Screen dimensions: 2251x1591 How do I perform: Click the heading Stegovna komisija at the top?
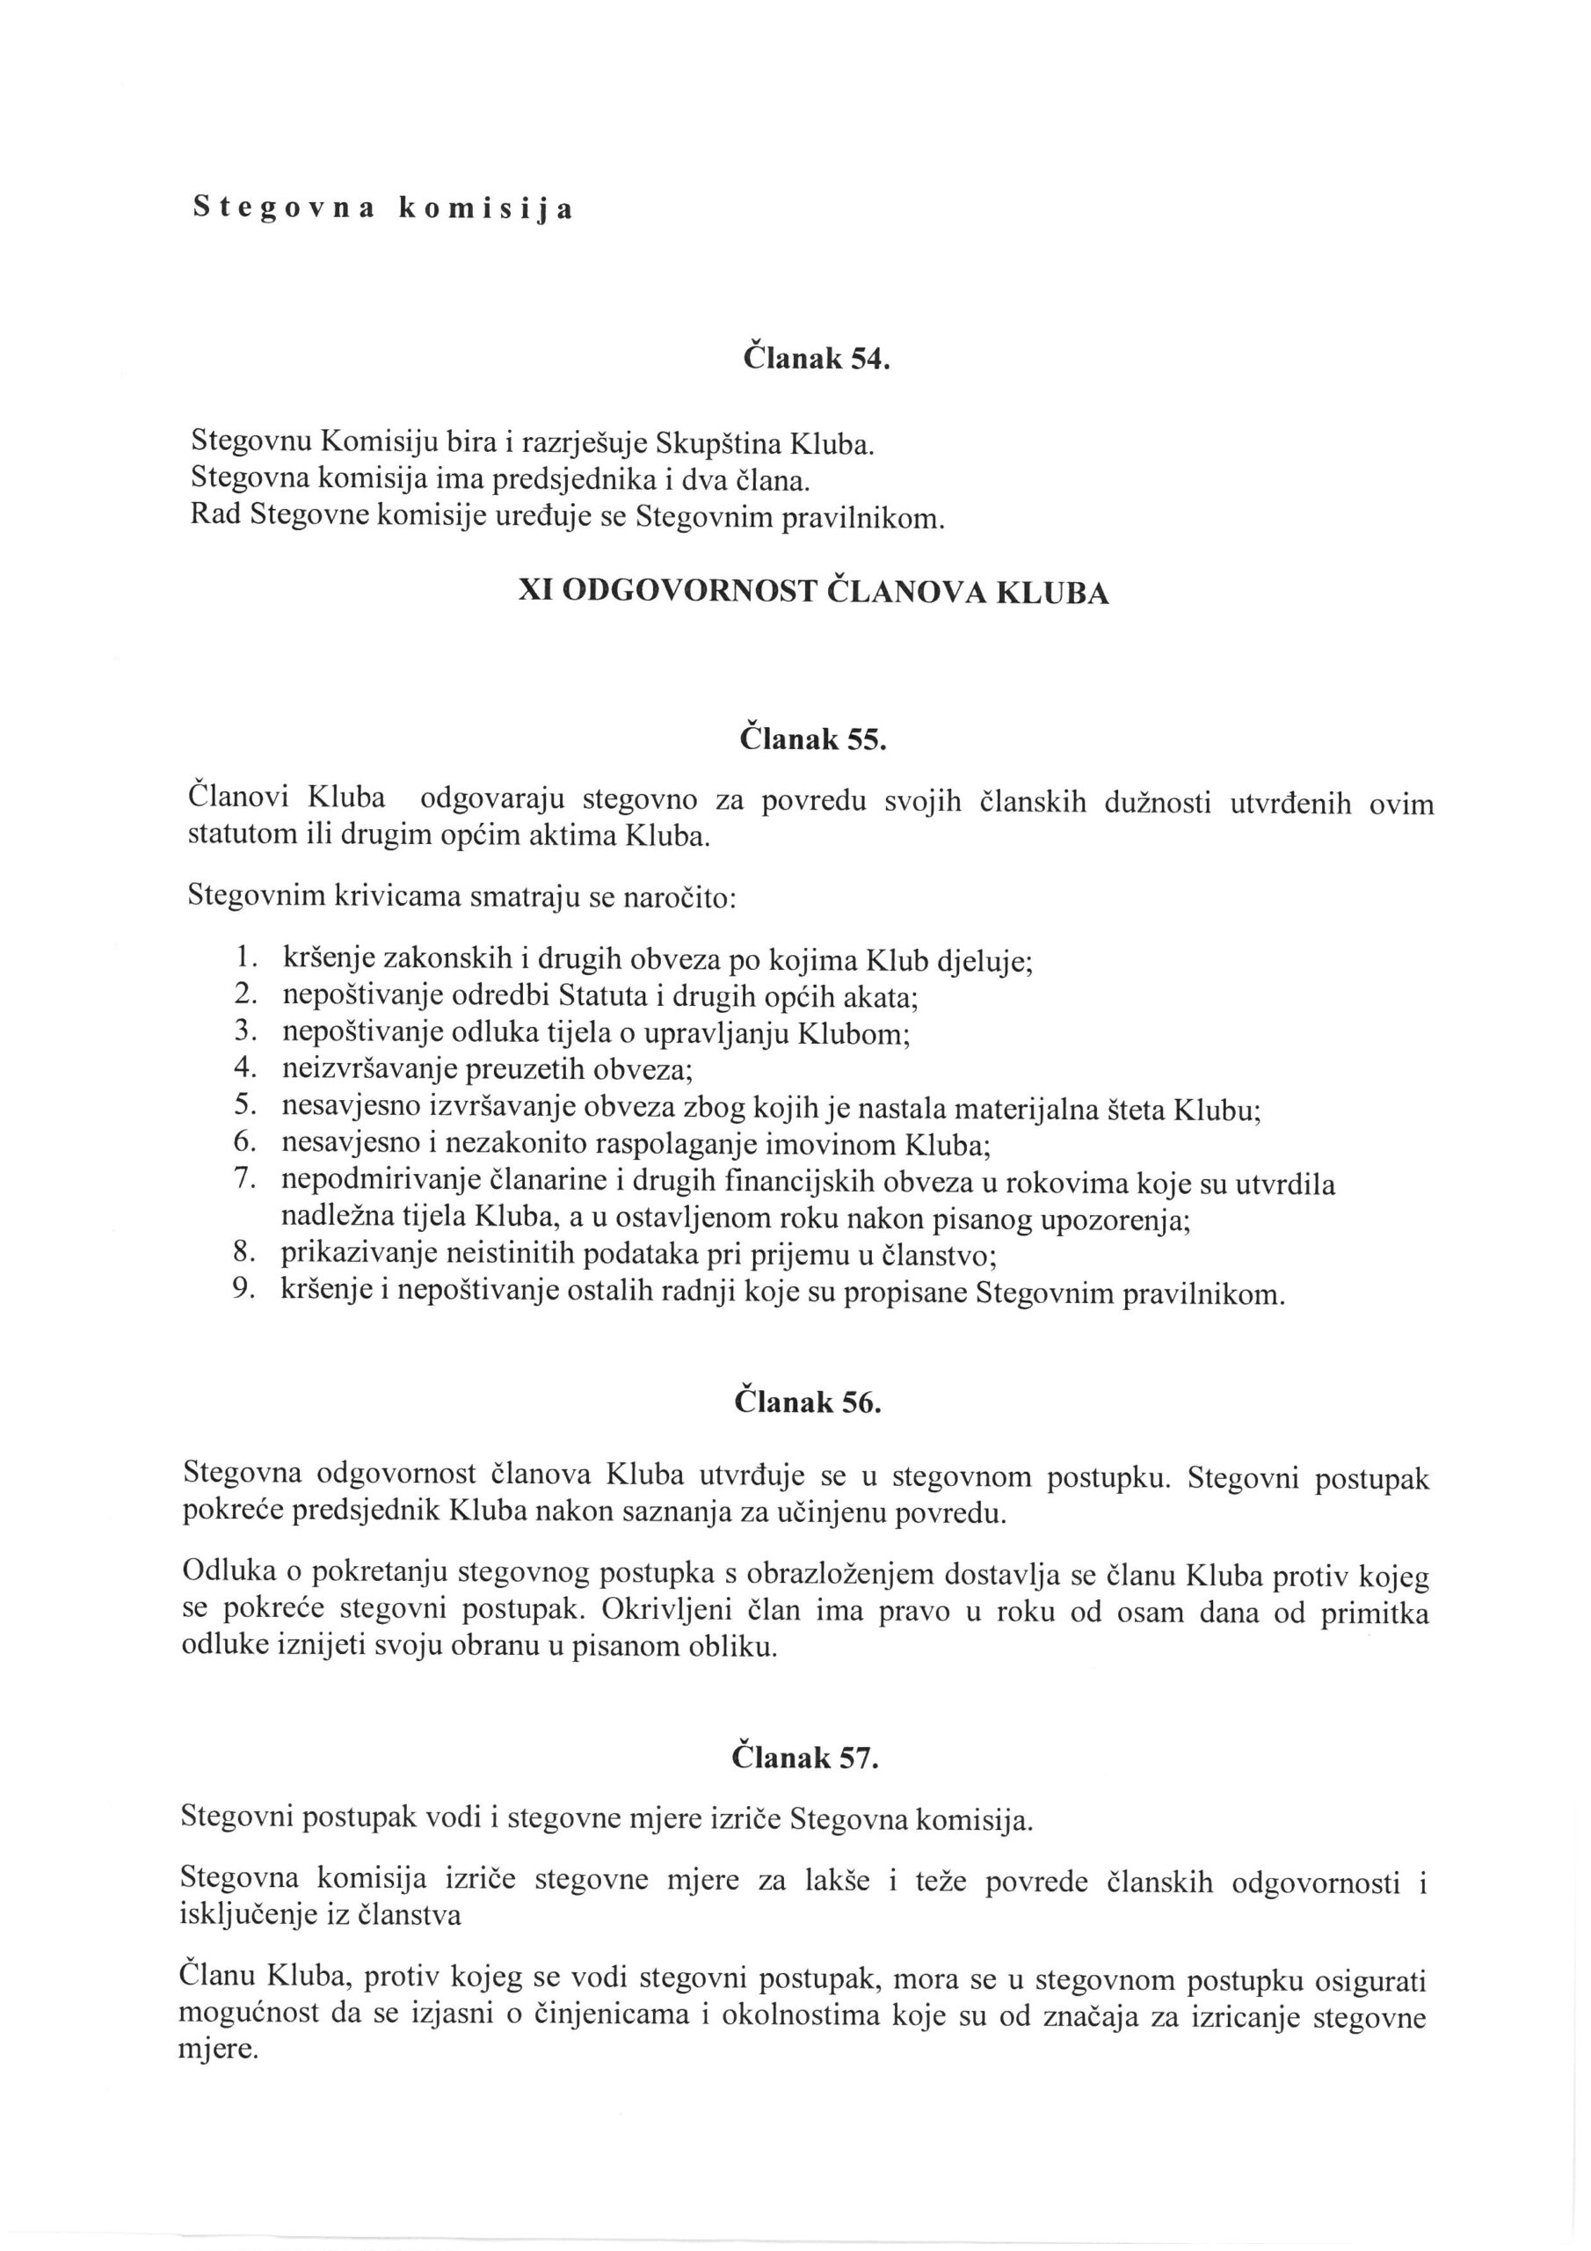pyautogui.click(x=382, y=208)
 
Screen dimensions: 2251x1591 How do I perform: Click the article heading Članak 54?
pyautogui.click(x=816, y=359)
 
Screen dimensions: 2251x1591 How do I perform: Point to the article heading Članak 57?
pyautogui.click(x=805, y=1758)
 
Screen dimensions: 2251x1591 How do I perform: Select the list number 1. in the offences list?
pyautogui.click(x=246, y=957)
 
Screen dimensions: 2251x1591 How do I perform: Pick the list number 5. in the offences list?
pyautogui.click(x=245, y=1106)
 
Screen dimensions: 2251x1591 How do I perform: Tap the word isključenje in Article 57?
pyautogui.click(x=246, y=1918)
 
